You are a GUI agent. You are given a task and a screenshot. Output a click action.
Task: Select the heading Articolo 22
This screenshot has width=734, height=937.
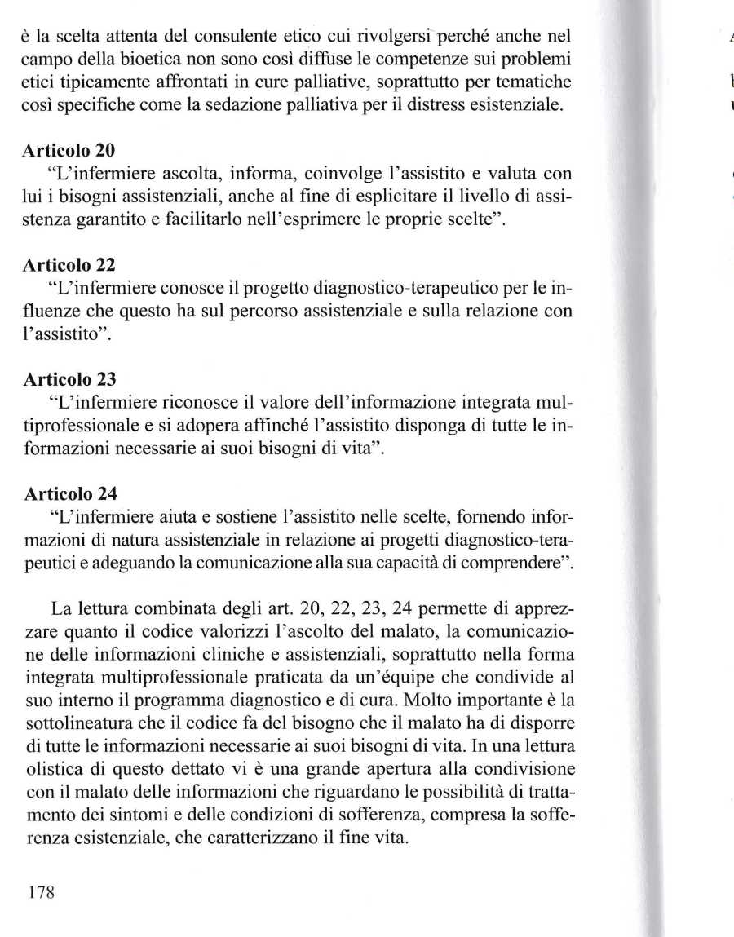(x=70, y=264)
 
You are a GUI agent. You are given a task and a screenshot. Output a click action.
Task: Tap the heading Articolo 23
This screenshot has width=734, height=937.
(x=70, y=378)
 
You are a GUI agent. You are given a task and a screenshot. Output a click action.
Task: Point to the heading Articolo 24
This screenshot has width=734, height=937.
(x=70, y=493)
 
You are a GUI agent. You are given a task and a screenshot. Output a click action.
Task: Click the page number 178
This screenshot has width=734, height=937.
(x=41, y=891)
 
